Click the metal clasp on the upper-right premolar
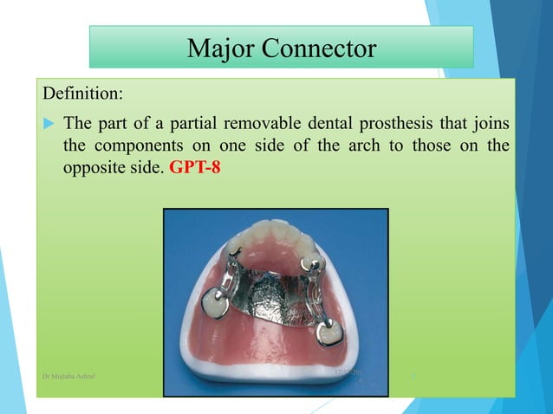[309, 263]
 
